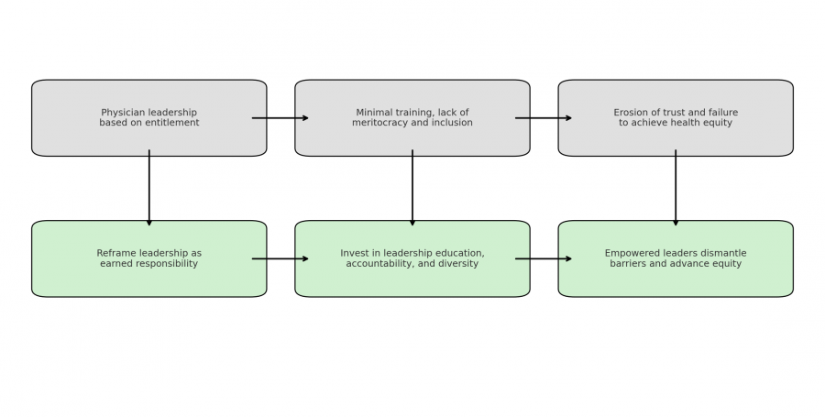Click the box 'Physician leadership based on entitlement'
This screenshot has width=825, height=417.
pos(148,118)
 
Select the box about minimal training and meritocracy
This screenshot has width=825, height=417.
pos(412,118)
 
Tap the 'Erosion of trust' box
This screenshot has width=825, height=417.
pos(676,118)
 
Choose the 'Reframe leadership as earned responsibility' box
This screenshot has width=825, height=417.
pos(148,258)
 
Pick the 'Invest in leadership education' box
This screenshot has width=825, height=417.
pos(412,258)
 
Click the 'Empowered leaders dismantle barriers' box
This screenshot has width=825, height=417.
pos(676,258)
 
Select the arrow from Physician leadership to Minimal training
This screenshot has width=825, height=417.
pos(280,118)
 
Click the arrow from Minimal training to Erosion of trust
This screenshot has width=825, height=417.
pos(544,118)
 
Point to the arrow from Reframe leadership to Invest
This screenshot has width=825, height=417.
pos(280,258)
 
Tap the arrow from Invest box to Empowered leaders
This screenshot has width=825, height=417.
pos(544,258)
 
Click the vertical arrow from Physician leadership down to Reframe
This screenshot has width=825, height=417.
pos(148,188)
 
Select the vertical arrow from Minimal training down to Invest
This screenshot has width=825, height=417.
pos(412,188)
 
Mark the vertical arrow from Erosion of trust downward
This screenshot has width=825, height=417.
pos(676,188)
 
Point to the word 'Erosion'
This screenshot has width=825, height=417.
pos(631,113)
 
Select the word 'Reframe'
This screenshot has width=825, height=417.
pos(115,254)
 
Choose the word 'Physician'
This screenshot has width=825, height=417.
pos(122,113)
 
